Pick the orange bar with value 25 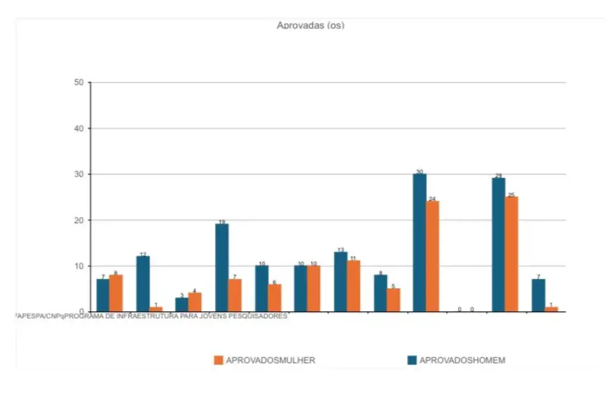point(512,253)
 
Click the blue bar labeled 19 point(222,268)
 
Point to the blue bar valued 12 point(143,283)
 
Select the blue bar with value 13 point(340,281)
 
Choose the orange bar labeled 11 point(354,286)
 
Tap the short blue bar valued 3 point(182,304)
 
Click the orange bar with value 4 point(195,302)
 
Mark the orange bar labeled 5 point(393,299)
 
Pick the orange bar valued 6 point(275,297)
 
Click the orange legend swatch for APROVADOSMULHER point(218,360)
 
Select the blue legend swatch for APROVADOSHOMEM point(412,360)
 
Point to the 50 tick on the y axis point(79,83)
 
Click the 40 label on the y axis point(79,128)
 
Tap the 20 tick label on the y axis point(79,220)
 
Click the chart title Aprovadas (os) point(310,25)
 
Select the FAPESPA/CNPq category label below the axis point(151,316)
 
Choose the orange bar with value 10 point(314,288)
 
